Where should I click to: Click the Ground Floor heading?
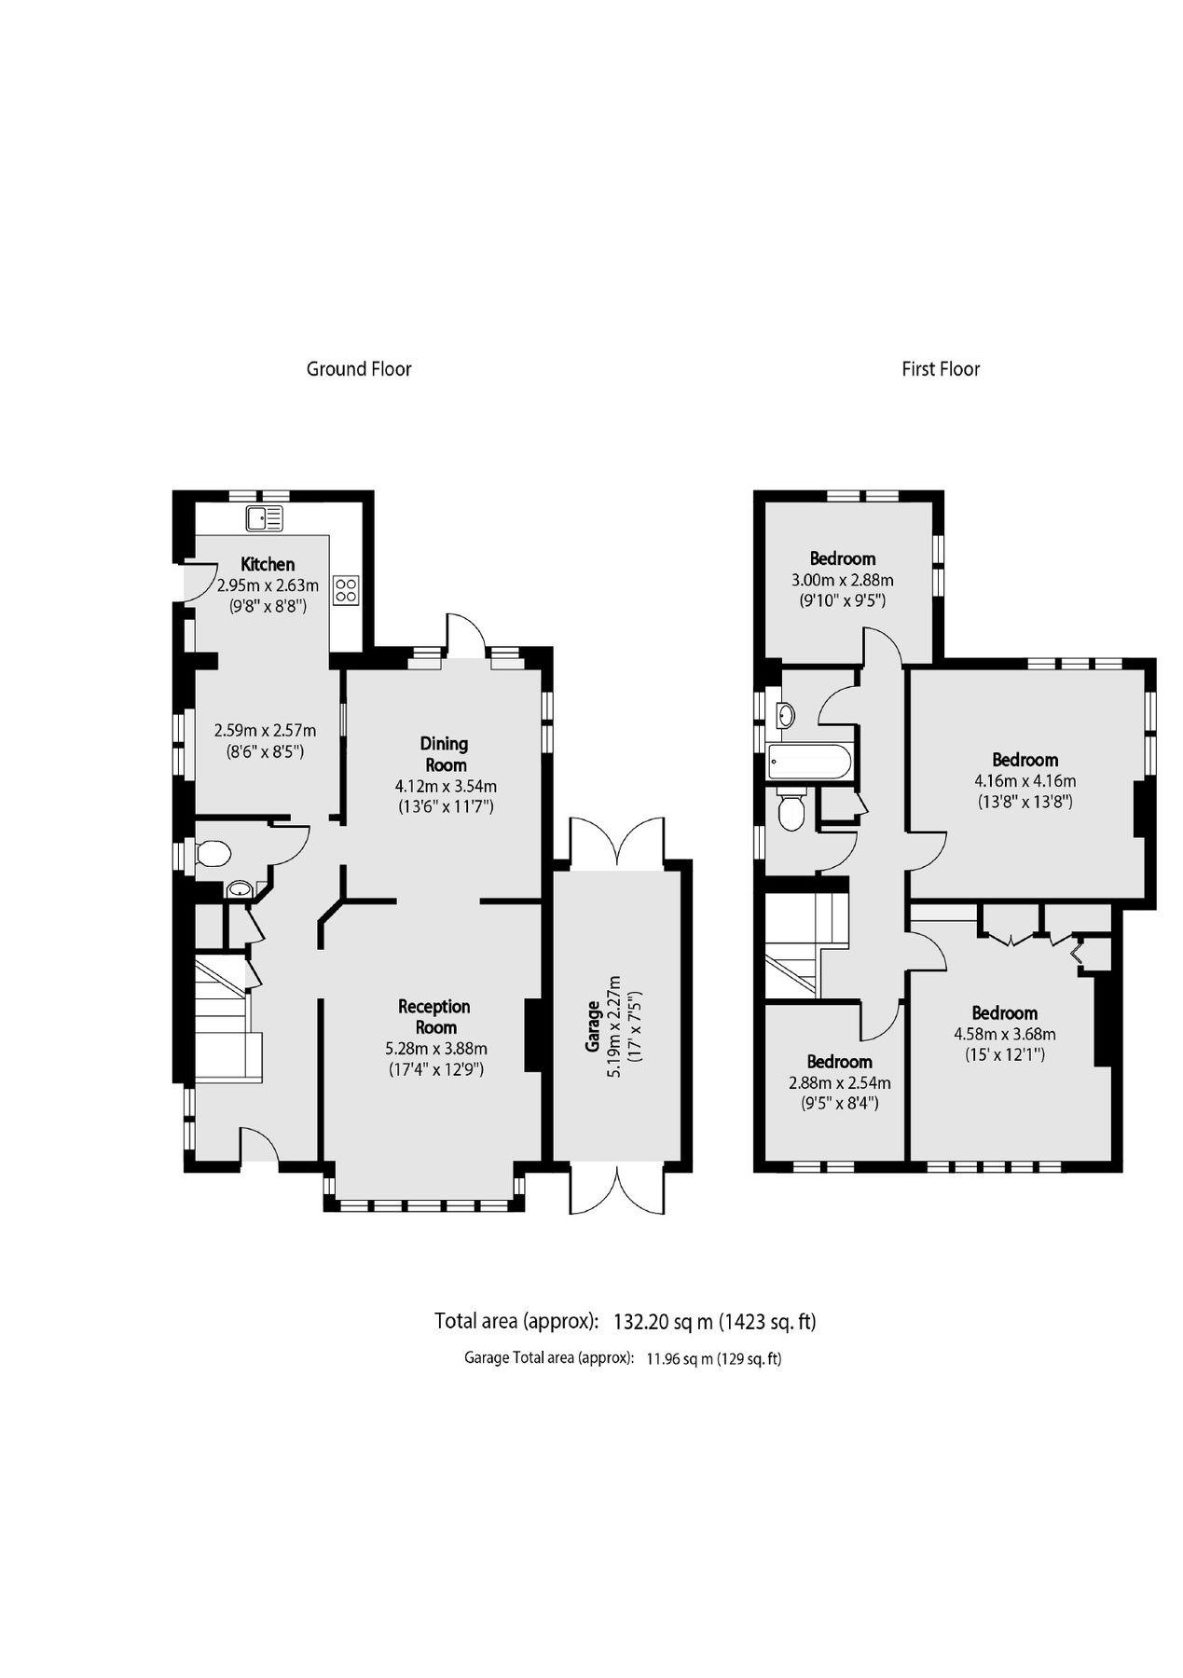tap(359, 369)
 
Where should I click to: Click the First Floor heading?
tap(940, 369)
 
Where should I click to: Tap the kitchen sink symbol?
tap(265, 518)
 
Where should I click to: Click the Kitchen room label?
tap(268, 564)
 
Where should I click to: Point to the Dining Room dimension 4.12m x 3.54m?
tap(446, 786)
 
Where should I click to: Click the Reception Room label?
tap(434, 1016)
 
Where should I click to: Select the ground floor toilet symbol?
tap(213, 853)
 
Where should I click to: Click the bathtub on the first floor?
tap(808, 763)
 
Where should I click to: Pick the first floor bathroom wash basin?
tap(786, 715)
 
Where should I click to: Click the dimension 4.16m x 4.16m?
tap(1025, 781)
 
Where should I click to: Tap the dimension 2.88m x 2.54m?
tap(839, 1082)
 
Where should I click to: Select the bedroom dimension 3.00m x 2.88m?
tap(842, 580)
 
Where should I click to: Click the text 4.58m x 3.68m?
tap(1004, 1034)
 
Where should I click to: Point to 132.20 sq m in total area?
tap(663, 1321)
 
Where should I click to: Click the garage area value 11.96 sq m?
tap(680, 1358)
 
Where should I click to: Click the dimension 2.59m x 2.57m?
tap(265, 731)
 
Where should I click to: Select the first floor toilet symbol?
tap(791, 809)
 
